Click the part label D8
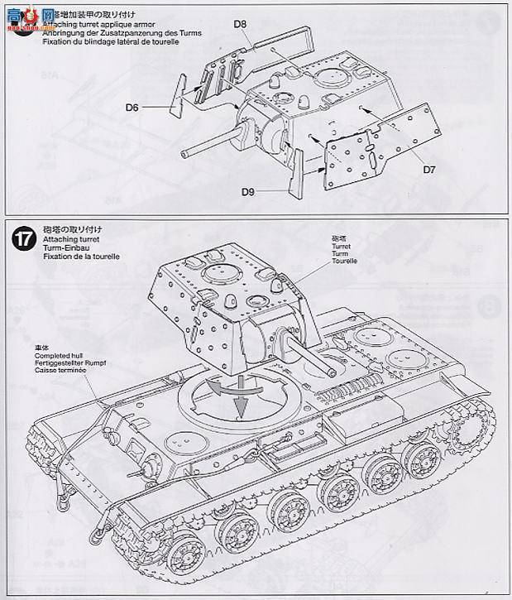240,25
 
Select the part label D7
429,169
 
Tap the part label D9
248,192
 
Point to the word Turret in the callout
342,246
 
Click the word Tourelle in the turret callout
344,261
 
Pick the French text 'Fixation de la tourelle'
78,257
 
